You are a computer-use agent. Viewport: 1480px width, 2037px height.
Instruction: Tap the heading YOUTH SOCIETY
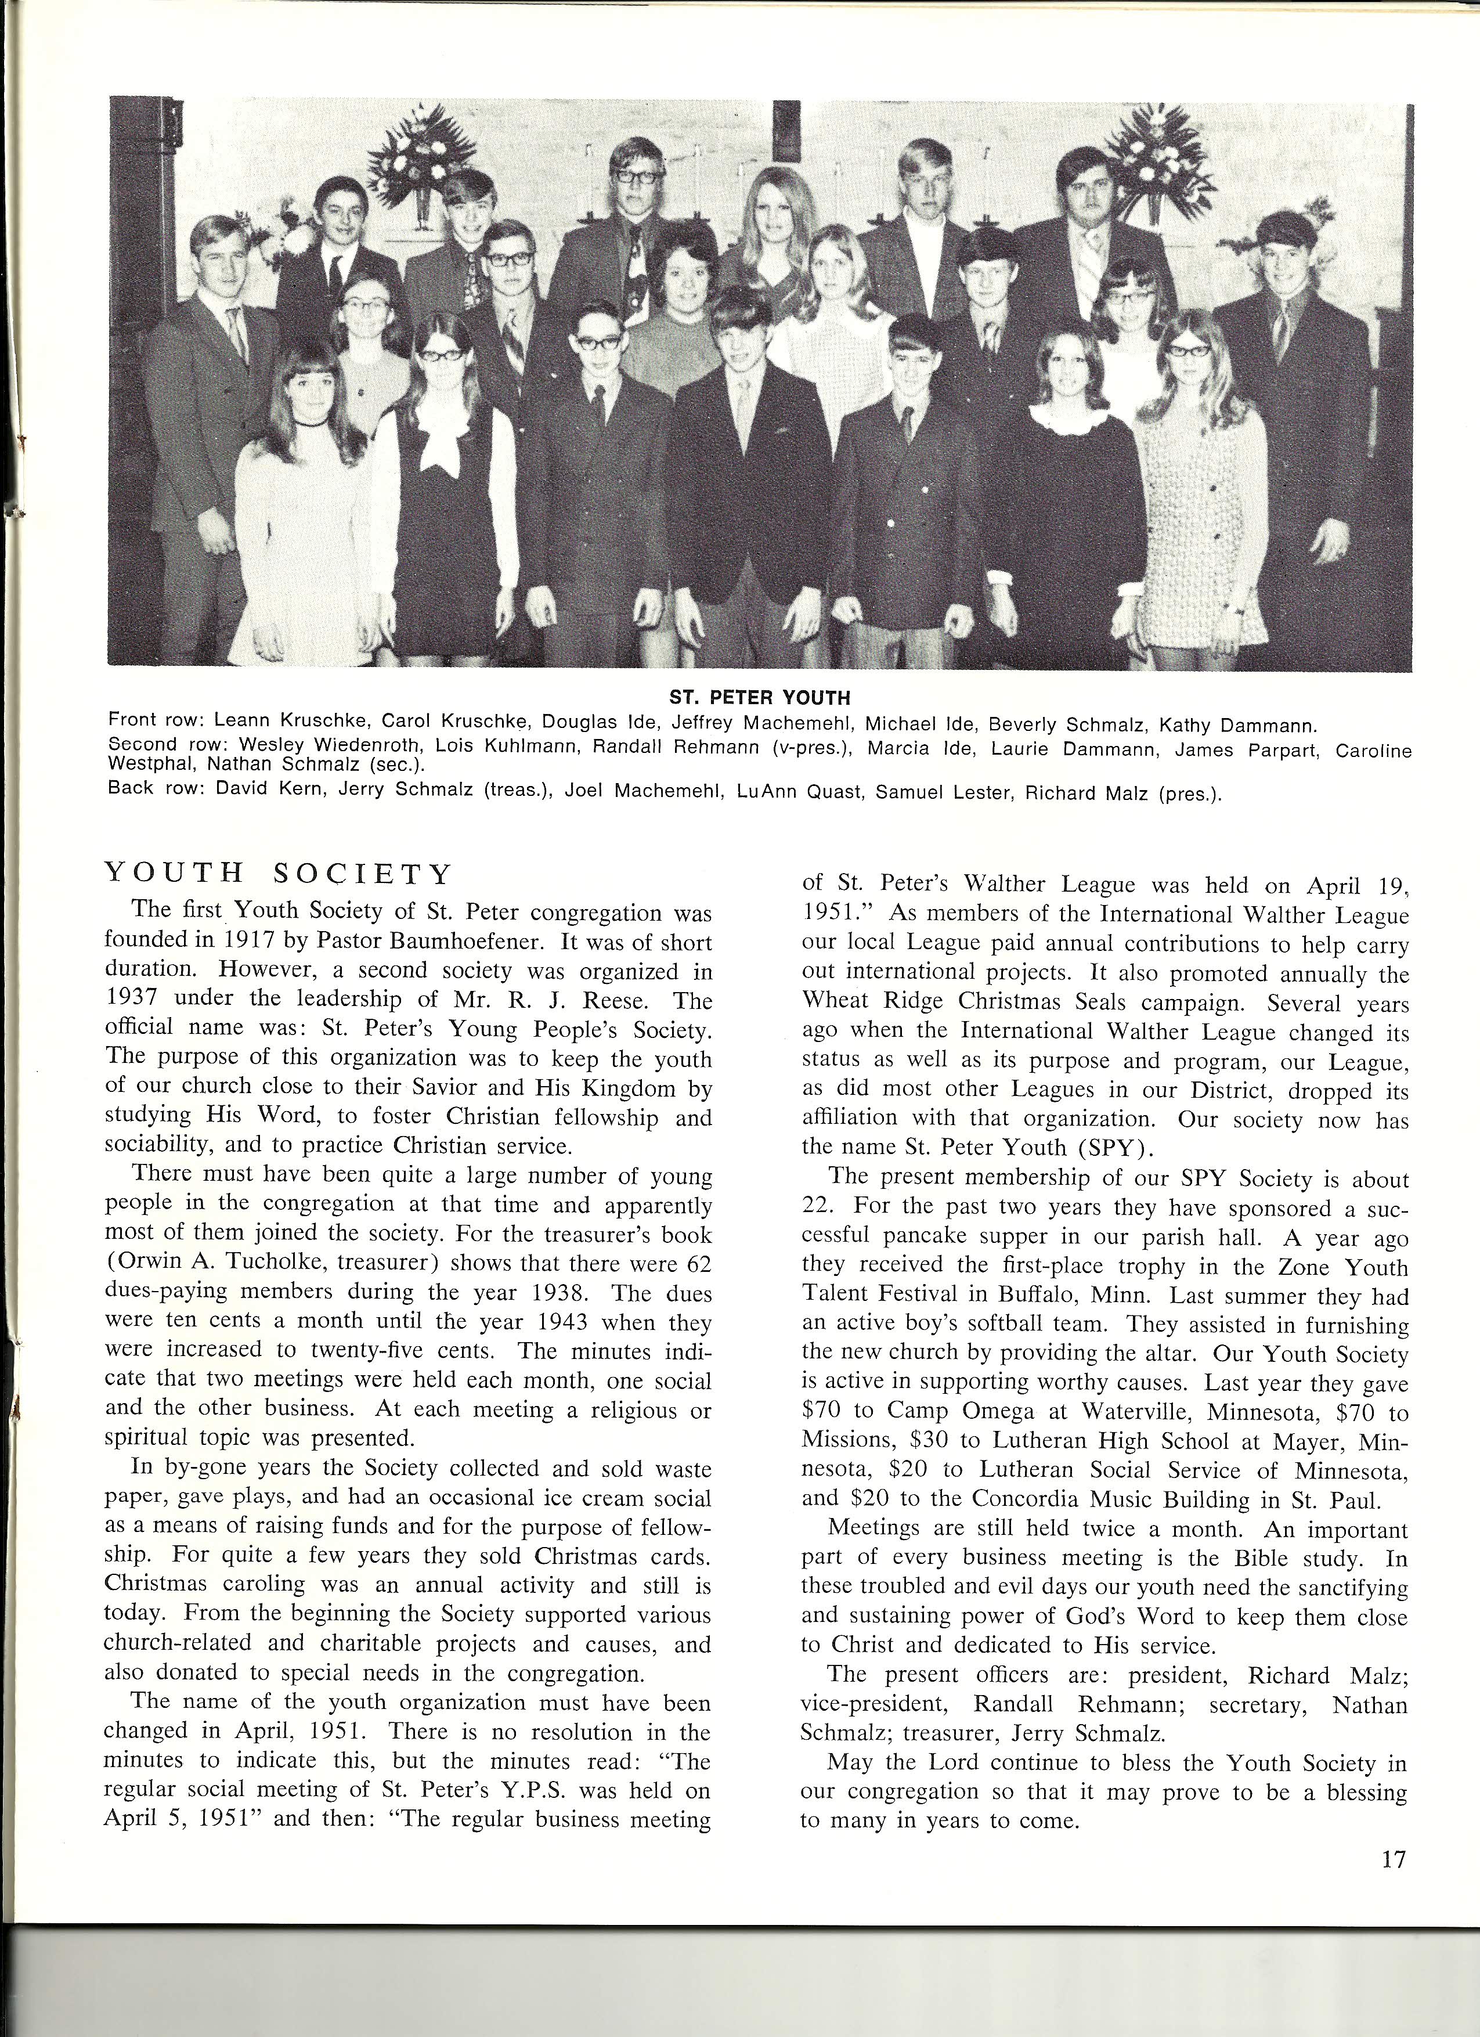pyautogui.click(x=279, y=874)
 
